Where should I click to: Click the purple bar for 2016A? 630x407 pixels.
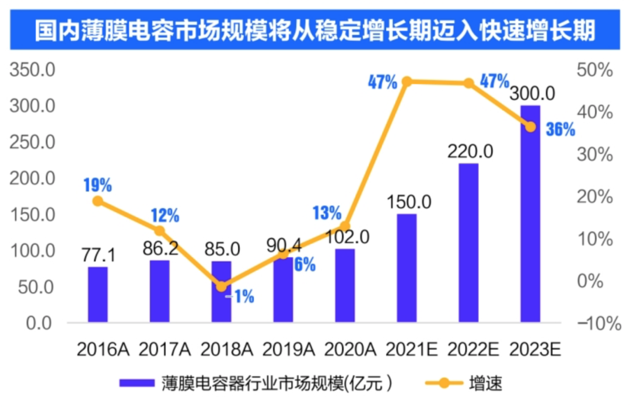(98, 294)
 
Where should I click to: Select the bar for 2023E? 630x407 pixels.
(530, 214)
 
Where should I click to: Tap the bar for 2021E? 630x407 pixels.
(407, 268)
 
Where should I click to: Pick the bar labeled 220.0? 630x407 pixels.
(468, 243)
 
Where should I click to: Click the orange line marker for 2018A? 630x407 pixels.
(221, 286)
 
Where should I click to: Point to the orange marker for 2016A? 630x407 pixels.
(98, 201)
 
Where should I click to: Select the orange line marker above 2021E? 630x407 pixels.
(407, 81)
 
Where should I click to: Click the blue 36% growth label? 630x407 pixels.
(560, 129)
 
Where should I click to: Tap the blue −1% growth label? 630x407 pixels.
(240, 297)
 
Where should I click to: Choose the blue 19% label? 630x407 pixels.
(97, 185)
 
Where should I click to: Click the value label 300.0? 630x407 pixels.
(532, 94)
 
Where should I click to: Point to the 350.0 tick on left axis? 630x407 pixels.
(32, 71)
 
